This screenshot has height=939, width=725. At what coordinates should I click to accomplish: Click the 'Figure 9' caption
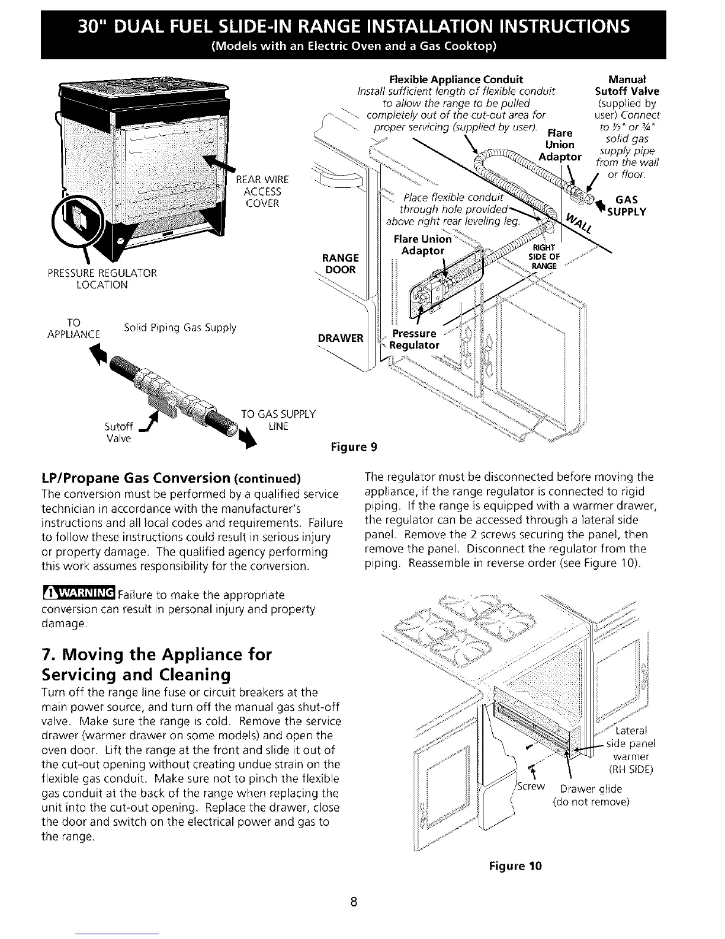352,446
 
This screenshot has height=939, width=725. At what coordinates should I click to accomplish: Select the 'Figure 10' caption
515,866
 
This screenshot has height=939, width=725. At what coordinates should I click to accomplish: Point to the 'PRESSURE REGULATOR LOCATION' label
111,279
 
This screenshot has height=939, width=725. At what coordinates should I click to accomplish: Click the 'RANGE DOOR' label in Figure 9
340,264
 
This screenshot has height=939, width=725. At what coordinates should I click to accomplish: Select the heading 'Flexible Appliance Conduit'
456,79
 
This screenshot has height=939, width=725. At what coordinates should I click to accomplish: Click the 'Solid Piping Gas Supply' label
179,328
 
